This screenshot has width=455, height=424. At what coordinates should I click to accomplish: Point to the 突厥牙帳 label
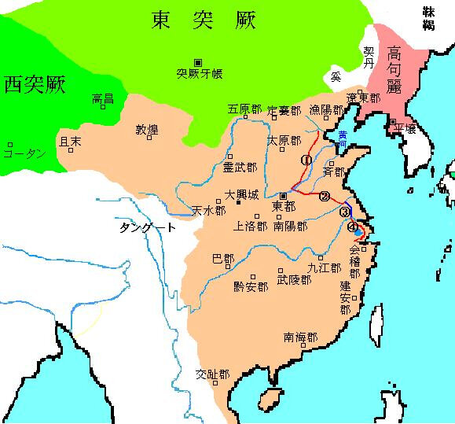[199, 74]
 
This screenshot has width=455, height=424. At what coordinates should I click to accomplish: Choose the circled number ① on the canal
[306, 160]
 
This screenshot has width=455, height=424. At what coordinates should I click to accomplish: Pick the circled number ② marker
[324, 196]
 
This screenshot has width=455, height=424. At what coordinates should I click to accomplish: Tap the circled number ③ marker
[344, 211]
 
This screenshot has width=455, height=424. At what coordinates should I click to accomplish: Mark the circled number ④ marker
[352, 227]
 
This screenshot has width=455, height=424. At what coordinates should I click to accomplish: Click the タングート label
[148, 227]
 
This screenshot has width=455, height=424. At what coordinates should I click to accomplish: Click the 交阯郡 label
[212, 374]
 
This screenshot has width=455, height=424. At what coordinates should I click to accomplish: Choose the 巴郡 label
[223, 257]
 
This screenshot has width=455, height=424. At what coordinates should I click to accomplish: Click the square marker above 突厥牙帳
[198, 62]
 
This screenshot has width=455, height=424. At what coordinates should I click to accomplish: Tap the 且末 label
[70, 142]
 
